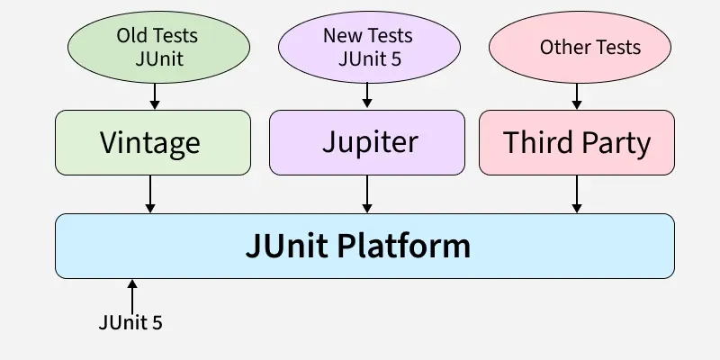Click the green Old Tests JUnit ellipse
pyautogui.click(x=157, y=47)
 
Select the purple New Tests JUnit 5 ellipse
pyautogui.click(x=367, y=47)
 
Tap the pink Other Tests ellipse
pyautogui.click(x=579, y=47)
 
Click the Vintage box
pyautogui.click(x=152, y=142)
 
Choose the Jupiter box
pyautogui.click(x=367, y=142)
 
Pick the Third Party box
pyautogui.click(x=577, y=142)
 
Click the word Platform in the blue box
pyautogui.click(x=411, y=246)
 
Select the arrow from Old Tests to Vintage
pyautogui.click(x=155, y=95)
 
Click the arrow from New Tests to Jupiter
pyautogui.click(x=367, y=95)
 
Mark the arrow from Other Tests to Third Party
pyautogui.click(x=577, y=95)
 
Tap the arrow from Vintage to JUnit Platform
pyautogui.click(x=150, y=193)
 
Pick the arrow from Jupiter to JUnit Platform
pyautogui.click(x=367, y=193)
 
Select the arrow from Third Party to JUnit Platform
pyautogui.click(x=577, y=193)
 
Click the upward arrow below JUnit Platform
pyautogui.click(x=132, y=294)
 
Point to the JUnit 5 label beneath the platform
pyautogui.click(x=131, y=322)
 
